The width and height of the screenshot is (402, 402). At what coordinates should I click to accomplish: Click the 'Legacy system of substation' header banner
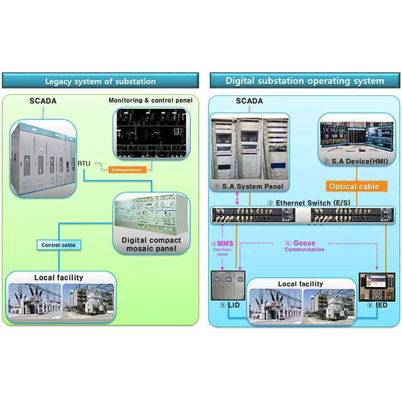[100, 80]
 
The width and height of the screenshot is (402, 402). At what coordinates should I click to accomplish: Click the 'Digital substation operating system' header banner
[305, 80]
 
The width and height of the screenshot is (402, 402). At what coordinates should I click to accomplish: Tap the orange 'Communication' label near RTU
[128, 169]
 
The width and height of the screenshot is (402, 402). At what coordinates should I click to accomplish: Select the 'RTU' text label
[84, 163]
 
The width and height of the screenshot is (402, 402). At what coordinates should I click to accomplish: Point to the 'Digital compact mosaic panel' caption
[151, 244]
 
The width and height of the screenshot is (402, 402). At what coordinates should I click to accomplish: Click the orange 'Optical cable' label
[354, 186]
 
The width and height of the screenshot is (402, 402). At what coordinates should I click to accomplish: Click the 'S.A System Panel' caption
[249, 186]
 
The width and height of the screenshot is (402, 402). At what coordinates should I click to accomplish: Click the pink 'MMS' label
[225, 242]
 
